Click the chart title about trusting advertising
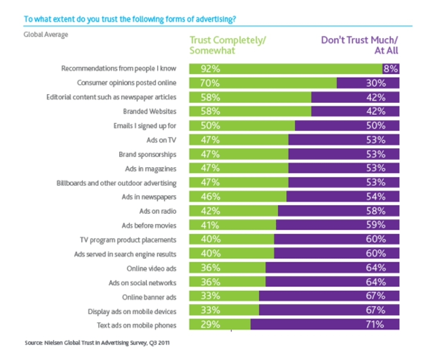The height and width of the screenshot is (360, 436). click(130, 19)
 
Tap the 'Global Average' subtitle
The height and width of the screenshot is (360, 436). click(46, 35)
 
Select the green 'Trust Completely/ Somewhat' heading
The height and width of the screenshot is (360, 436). click(229, 45)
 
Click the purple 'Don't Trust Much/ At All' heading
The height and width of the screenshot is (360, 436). click(359, 45)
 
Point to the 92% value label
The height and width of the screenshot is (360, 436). click(210, 69)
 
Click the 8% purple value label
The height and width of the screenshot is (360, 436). click(391, 69)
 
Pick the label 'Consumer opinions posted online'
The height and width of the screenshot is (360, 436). click(127, 83)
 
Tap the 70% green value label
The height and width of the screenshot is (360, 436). click(210, 83)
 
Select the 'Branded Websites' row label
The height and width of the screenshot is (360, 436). click(150, 111)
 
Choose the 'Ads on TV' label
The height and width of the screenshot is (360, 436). click(161, 140)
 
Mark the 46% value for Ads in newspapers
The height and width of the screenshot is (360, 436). click(210, 197)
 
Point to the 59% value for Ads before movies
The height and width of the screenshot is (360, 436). click(376, 225)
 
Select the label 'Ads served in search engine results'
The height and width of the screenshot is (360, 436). click(125, 254)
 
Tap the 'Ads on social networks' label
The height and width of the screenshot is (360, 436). click(143, 283)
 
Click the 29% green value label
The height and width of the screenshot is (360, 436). click(210, 324)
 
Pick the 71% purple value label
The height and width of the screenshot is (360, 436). click(375, 324)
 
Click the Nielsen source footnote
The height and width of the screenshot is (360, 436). click(97, 343)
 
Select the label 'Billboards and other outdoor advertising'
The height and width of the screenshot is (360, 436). click(116, 183)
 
